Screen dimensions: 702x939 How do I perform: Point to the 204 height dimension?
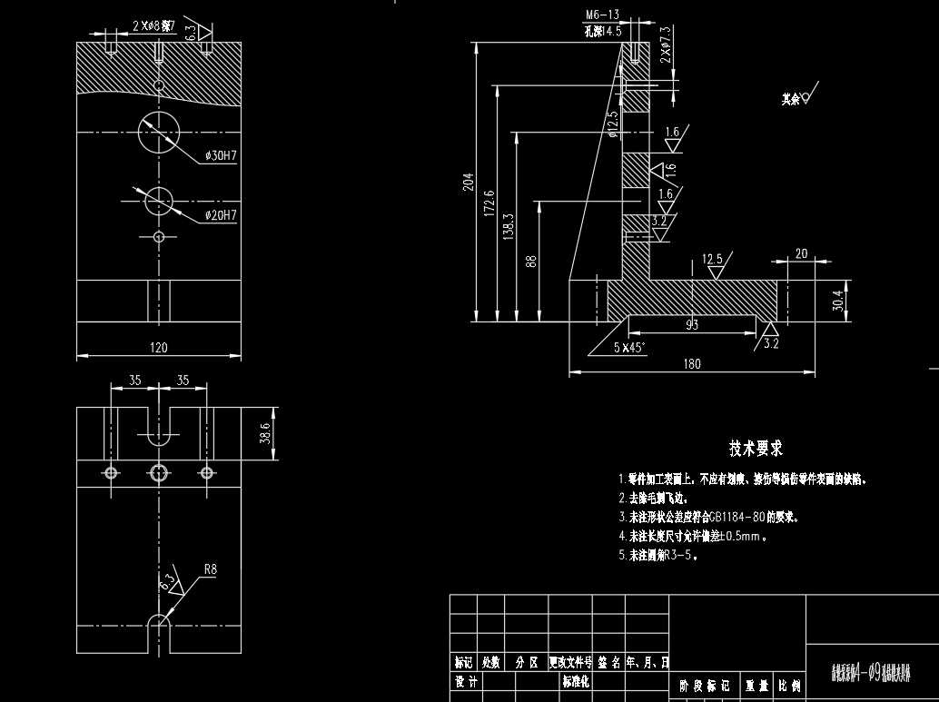[x=469, y=182]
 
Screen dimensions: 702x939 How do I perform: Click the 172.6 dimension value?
[x=489, y=203]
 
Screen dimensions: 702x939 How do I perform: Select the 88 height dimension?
[x=531, y=262]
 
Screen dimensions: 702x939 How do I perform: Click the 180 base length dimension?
[x=692, y=364]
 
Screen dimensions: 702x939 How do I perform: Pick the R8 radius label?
[x=210, y=569]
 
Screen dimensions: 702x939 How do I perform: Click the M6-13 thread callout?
[x=602, y=15]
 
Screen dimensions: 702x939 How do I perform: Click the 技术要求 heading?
[x=756, y=448]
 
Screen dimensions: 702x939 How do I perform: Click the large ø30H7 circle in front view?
[x=160, y=133]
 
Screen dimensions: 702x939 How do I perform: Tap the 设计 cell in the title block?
[x=466, y=680]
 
